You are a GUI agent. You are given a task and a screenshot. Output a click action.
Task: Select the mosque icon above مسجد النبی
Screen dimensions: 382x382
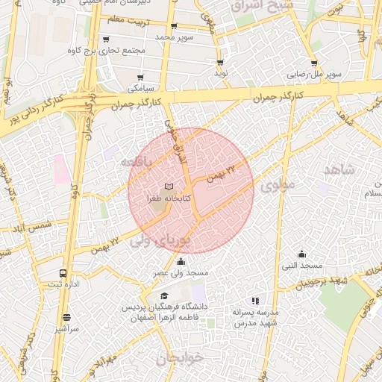tap(301, 254)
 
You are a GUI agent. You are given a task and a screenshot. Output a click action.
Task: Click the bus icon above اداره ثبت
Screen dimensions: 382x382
tap(62, 273)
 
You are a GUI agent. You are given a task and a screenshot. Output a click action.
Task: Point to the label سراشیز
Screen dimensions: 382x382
tap(66, 328)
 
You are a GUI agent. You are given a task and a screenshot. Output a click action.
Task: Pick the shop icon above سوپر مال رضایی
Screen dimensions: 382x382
tap(313, 64)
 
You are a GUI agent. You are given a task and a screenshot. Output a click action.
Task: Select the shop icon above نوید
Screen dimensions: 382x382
tap(220, 63)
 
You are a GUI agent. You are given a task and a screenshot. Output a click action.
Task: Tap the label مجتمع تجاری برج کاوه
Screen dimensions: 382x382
tap(107, 49)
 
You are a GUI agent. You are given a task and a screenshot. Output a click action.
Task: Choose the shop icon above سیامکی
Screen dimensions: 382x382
tap(140, 77)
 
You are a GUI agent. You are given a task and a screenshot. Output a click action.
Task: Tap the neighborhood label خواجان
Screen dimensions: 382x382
tap(179, 357)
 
